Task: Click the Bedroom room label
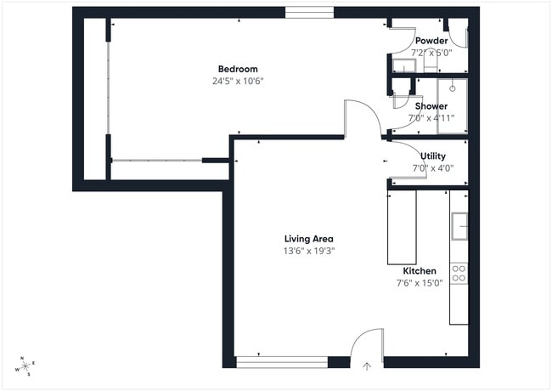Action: [238, 69]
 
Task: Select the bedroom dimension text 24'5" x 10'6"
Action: [238, 82]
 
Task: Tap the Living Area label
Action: [308, 239]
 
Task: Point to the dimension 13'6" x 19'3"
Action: [308, 252]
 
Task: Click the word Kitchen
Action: [420, 271]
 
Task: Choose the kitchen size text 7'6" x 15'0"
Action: [420, 283]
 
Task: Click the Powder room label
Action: [431, 41]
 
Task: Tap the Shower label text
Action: [431, 106]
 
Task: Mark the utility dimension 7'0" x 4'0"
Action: [433, 168]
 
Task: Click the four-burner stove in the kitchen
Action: [459, 273]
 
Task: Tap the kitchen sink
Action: [459, 226]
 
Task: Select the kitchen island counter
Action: [402, 227]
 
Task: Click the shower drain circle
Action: [453, 88]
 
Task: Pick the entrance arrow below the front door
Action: [367, 367]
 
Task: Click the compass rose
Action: [24, 365]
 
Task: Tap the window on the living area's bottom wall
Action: [281, 362]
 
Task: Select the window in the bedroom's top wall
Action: [309, 13]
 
